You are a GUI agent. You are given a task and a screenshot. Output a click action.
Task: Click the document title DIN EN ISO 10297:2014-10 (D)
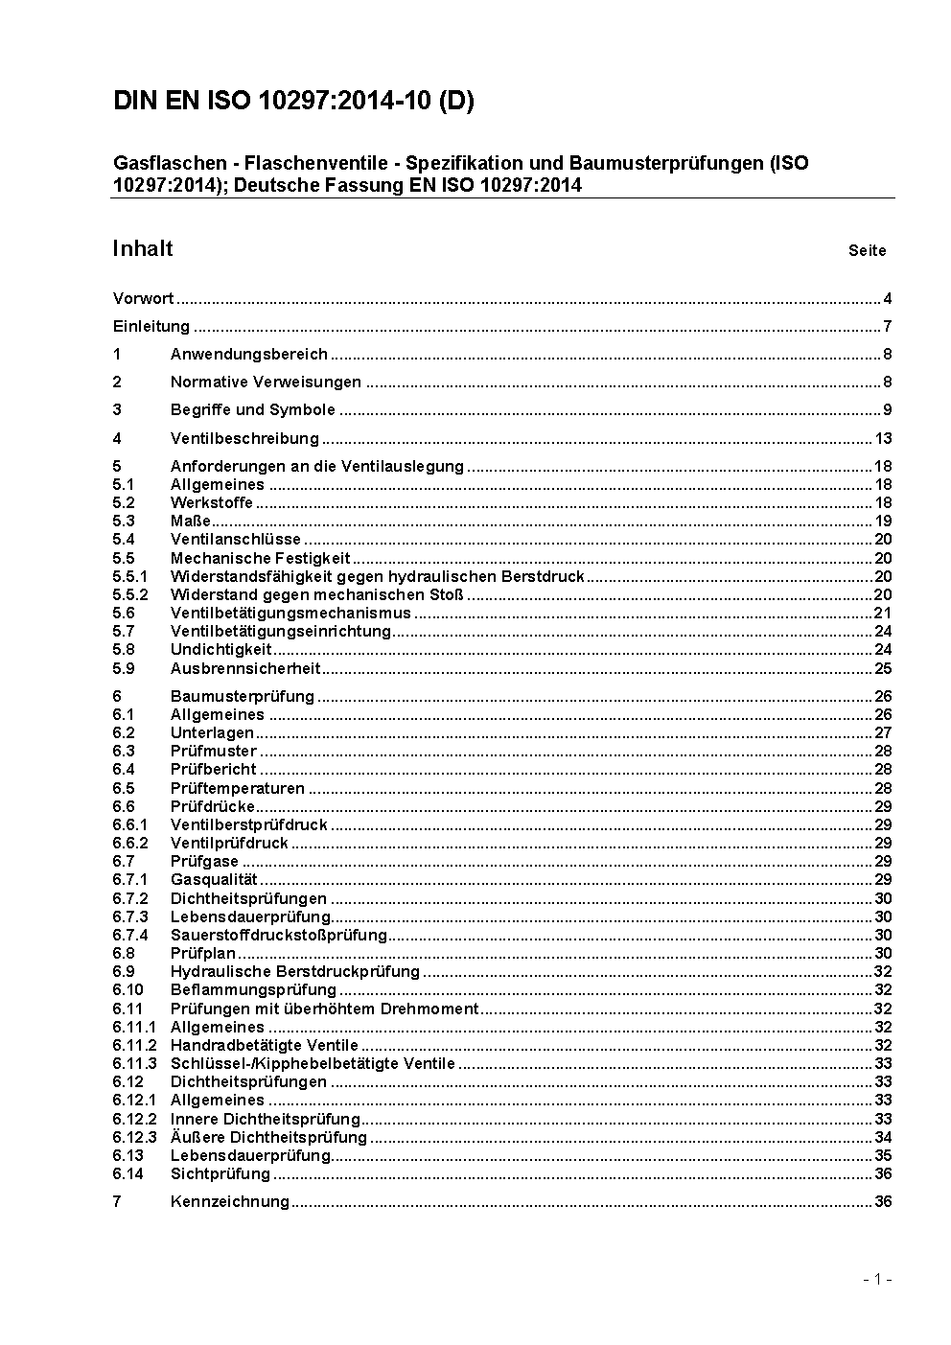[x=293, y=102]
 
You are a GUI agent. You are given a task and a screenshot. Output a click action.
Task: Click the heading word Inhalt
[x=143, y=249]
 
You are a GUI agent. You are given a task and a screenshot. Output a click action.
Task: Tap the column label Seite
[x=867, y=251]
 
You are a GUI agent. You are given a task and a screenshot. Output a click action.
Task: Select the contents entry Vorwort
[x=143, y=298]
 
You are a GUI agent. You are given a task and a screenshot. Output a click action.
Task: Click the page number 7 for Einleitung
[x=888, y=326]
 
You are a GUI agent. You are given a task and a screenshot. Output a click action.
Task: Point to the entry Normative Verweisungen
[x=266, y=382]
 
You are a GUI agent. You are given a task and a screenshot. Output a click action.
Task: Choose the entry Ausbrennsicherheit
[x=245, y=668]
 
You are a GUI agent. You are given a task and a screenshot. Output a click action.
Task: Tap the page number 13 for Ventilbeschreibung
[x=883, y=438]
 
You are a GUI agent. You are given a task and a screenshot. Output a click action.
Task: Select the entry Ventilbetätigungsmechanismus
[x=290, y=613]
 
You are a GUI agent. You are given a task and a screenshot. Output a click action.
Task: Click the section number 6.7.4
[x=130, y=935]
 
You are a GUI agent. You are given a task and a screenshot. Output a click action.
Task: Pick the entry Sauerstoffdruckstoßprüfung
[x=278, y=935]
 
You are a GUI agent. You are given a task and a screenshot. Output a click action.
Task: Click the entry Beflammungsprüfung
[x=253, y=989]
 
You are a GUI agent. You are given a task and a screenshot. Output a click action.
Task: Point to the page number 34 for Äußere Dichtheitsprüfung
[x=883, y=1137]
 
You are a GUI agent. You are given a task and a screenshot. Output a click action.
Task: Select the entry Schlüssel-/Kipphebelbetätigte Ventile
[x=313, y=1063]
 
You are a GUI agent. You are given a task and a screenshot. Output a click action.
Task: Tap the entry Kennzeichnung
[x=229, y=1201]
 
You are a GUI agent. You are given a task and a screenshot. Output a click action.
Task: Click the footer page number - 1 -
[x=877, y=1279]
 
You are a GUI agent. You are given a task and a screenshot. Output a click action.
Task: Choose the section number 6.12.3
[x=134, y=1137]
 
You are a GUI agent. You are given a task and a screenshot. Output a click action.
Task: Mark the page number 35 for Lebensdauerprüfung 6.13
[x=883, y=1155]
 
